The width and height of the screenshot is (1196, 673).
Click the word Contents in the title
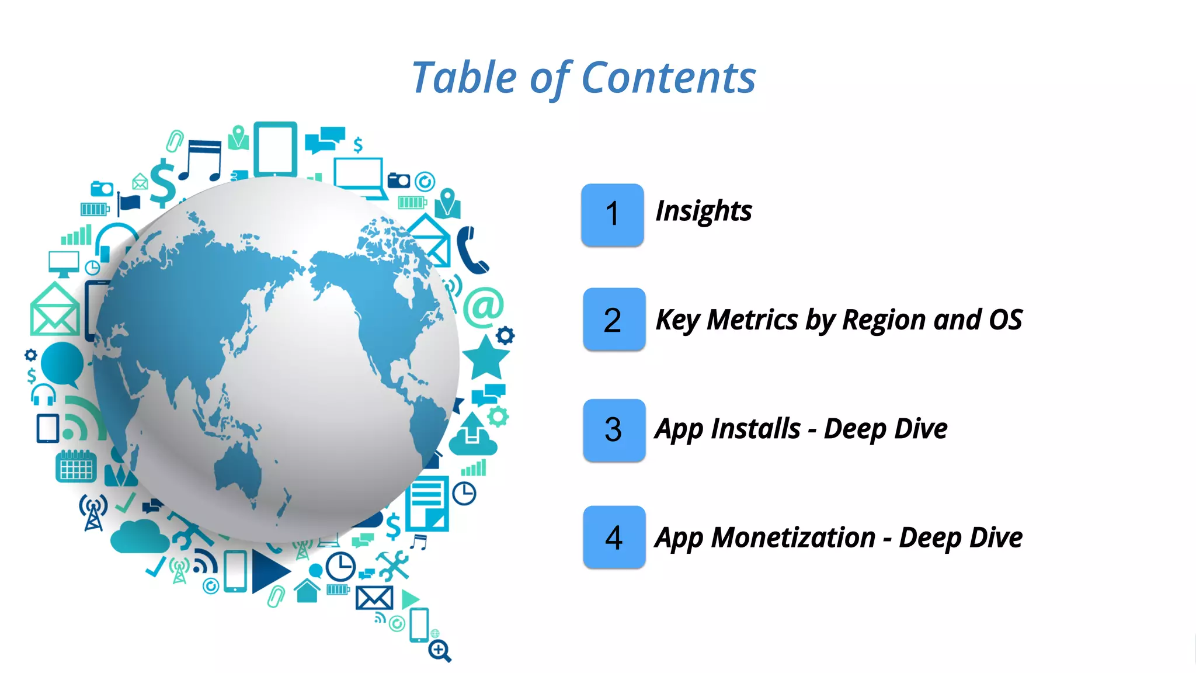tap(669, 78)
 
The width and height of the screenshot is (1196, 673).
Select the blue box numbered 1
tap(612, 214)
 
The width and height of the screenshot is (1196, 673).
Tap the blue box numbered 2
tap(614, 320)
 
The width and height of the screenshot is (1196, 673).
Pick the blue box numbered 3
tap(614, 430)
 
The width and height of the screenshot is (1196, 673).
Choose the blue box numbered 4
tap(614, 537)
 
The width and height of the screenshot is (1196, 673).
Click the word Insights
tap(704, 211)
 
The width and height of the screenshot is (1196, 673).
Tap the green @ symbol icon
tap(484, 307)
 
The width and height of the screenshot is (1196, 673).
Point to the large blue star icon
tap(485, 358)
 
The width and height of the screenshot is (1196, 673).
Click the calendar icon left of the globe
tap(76, 466)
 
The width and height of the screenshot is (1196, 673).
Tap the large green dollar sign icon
tap(163, 183)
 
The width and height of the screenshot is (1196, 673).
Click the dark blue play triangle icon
tap(269, 571)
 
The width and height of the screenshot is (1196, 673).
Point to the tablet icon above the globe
tap(275, 149)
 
